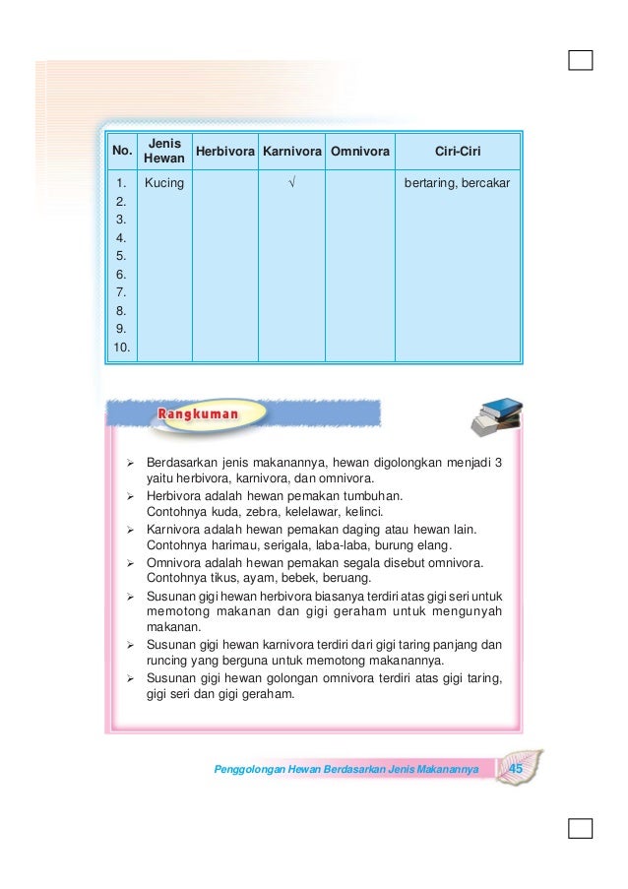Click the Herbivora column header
pyautogui.click(x=224, y=152)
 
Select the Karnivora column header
pyautogui.click(x=291, y=152)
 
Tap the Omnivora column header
pyautogui.click(x=360, y=152)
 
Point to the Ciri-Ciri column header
pyautogui.click(x=457, y=152)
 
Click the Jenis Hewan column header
pyautogui.click(x=162, y=151)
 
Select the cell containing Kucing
pyautogui.click(x=163, y=183)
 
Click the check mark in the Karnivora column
pyautogui.click(x=291, y=183)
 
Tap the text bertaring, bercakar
pyautogui.click(x=458, y=183)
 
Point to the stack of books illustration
pyautogui.click(x=497, y=414)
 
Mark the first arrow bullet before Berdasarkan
pyautogui.click(x=132, y=462)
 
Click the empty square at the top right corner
pyautogui.click(x=581, y=61)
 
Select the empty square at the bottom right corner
pyautogui.click(x=581, y=827)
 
